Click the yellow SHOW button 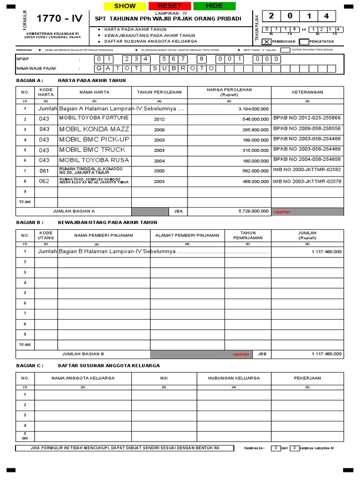(125, 6)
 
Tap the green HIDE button (214, 6)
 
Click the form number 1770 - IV (60, 19)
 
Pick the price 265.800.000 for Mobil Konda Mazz (254, 129)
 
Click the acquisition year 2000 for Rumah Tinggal (159, 171)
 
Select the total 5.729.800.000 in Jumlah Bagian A (254, 212)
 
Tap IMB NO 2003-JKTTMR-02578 (307, 181)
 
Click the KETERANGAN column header (307, 92)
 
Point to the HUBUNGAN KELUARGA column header (234, 378)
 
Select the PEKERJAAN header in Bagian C (307, 378)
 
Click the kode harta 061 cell (44, 171)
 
